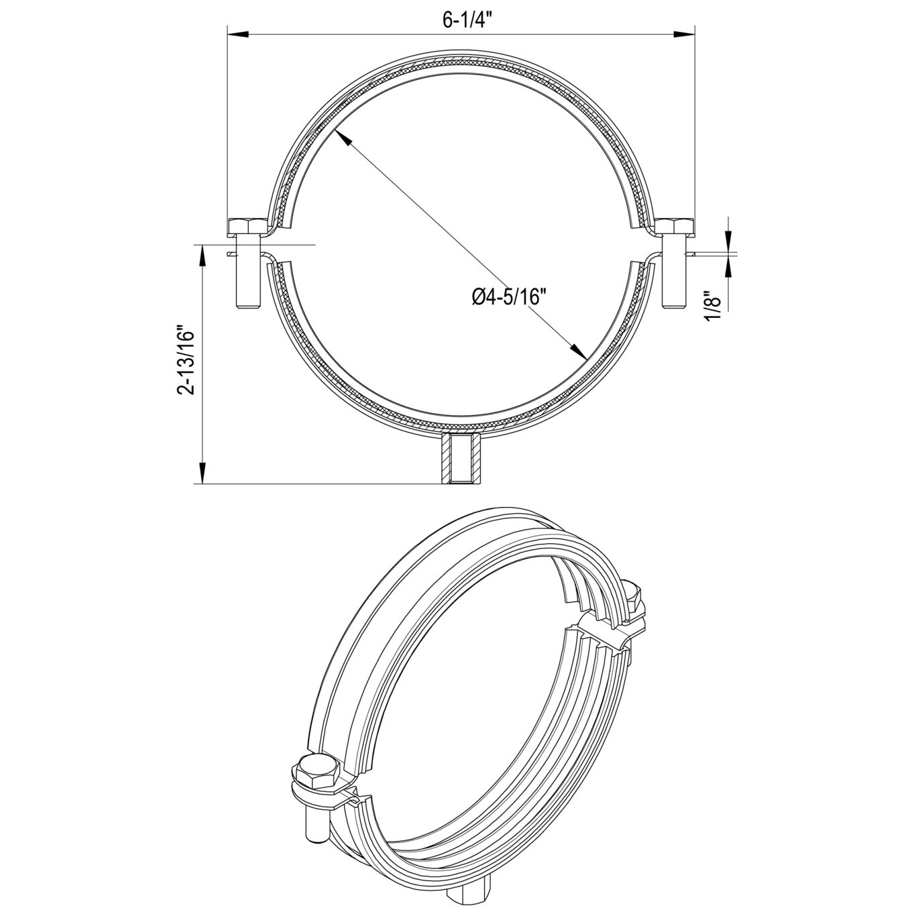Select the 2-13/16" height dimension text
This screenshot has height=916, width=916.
185,359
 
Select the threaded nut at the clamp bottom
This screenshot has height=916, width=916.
460,458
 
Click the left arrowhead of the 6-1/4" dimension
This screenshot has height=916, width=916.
237,34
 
